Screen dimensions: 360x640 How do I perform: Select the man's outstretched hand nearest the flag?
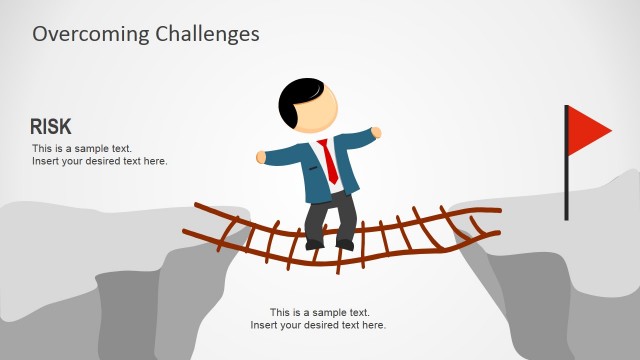(376, 131)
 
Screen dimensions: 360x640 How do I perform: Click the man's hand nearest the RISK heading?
(262, 157)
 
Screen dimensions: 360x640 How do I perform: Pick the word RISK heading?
(50, 126)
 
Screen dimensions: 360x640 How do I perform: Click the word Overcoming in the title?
(91, 33)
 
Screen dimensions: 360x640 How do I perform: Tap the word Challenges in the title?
(207, 33)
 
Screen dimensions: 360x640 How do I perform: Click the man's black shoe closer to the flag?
(345, 243)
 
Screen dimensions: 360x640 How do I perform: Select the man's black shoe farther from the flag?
(315, 243)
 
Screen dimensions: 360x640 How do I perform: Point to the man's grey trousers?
(330, 215)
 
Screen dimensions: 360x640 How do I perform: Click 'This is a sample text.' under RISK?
(82, 149)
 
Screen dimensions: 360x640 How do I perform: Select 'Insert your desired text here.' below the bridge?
(318, 325)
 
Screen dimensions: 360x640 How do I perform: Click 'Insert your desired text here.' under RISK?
(99, 161)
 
